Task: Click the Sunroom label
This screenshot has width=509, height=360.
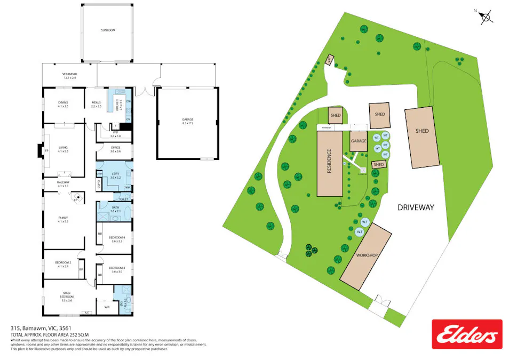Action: point(108,30)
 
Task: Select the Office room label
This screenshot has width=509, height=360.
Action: point(116,150)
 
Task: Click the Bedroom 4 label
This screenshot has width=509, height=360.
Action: point(117,239)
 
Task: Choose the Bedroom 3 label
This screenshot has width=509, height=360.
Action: point(117,269)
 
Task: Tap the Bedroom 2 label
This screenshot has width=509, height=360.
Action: point(63,263)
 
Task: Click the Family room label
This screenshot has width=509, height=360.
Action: point(63,218)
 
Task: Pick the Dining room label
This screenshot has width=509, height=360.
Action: point(63,105)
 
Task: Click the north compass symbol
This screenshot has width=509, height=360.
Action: point(486,17)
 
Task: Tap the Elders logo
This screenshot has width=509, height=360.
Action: point(466,334)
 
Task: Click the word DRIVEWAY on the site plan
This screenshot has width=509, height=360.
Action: point(417,207)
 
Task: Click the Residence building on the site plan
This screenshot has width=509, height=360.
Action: point(330,164)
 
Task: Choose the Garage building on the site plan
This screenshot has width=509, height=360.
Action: point(359,141)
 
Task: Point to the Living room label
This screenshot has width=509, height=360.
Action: point(63,150)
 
